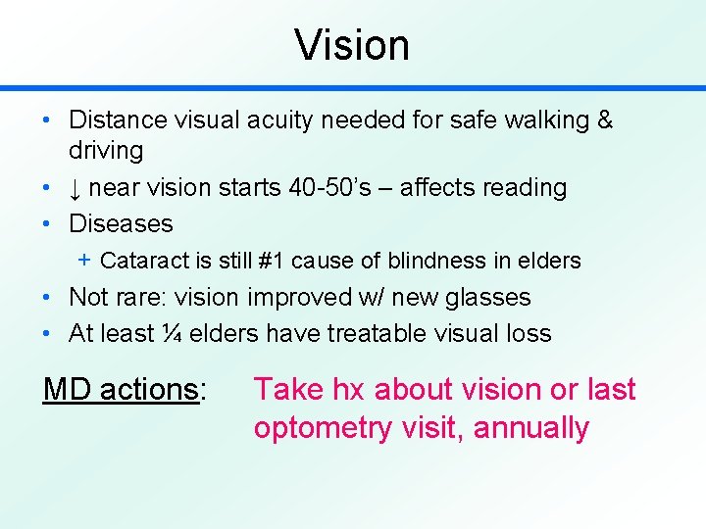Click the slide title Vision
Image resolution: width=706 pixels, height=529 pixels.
[x=352, y=45]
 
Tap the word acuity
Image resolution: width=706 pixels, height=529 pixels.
[x=288, y=120]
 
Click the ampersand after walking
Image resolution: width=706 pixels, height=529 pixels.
[x=604, y=120]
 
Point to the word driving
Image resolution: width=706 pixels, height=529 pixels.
[x=106, y=151]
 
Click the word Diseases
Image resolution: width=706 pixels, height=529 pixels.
[x=121, y=223]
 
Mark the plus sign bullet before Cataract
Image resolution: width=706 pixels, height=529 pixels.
[x=84, y=260]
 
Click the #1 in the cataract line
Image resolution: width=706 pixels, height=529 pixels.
[x=267, y=261]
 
